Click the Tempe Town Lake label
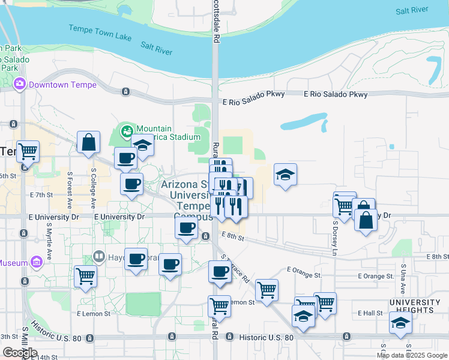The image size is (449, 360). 100,33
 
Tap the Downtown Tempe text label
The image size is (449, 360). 62,85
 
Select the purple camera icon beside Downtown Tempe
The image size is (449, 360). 20,84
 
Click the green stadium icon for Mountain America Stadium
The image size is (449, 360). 127,130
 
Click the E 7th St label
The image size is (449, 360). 41,195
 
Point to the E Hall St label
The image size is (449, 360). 370,313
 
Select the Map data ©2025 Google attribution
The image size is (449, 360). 412,355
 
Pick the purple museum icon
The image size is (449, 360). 37,262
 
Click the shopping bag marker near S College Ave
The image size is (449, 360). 88,143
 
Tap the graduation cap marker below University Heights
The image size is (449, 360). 400,323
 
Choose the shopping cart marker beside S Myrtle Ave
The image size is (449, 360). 85,277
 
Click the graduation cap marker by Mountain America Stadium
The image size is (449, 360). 143,146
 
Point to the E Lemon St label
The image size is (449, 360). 93,313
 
